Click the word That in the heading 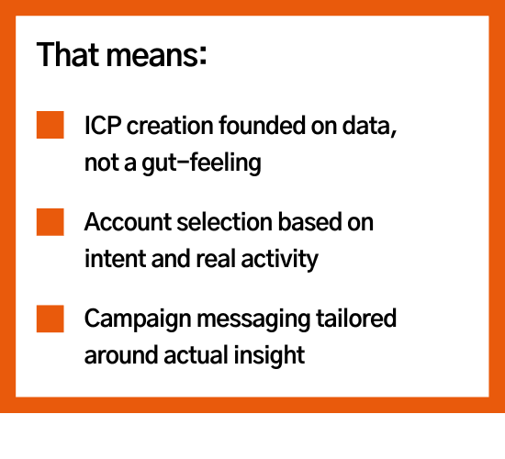coord(68,54)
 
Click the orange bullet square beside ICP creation coord(50,125)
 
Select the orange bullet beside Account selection coord(50,222)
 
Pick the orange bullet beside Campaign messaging coord(50,319)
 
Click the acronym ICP coord(103,125)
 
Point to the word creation coord(170,125)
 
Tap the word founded coord(262,125)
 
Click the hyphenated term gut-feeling coord(201,162)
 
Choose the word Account coord(128,222)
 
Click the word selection coord(225,222)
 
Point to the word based coord(309,222)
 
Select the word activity coord(279,260)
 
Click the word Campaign coord(138,319)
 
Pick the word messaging coord(253,319)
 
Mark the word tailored coord(356,318)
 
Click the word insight coord(269,355)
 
